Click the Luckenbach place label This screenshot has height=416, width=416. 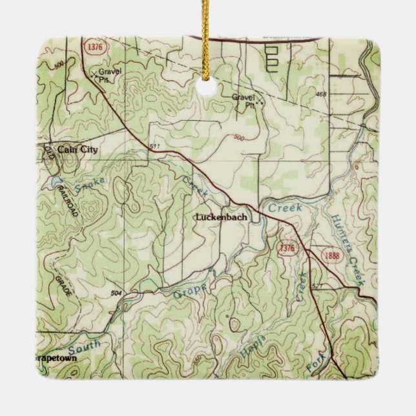221,218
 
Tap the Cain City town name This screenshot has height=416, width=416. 78,150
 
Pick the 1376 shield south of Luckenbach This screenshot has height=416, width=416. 287,247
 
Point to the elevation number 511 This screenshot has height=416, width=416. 153,147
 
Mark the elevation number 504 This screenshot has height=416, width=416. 116,293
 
